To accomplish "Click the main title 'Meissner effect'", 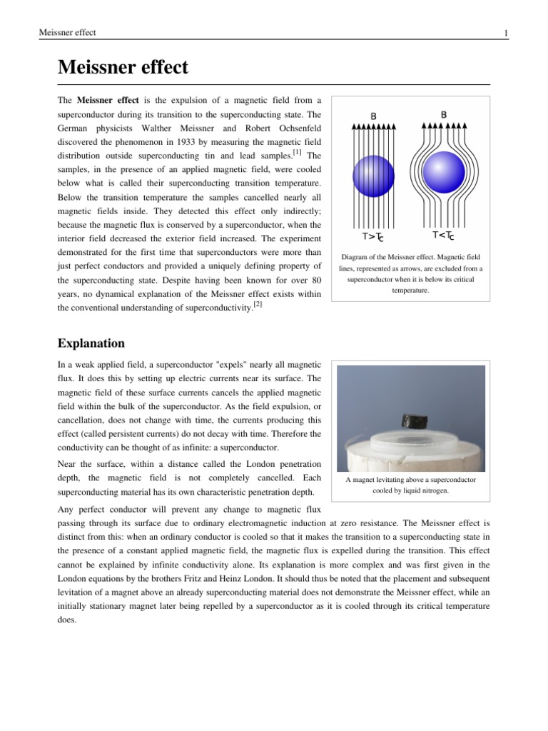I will coord(123,68).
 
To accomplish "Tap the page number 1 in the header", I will coord(505,33).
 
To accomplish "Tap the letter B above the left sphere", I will coord(374,115).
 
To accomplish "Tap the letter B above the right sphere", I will coord(444,114).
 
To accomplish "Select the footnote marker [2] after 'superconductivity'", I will coord(258,304).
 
